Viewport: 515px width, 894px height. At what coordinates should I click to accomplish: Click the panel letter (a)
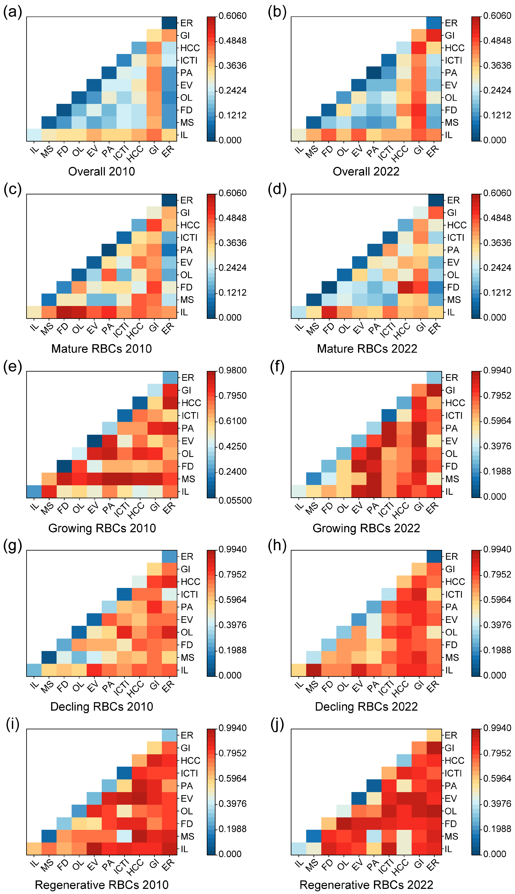12,12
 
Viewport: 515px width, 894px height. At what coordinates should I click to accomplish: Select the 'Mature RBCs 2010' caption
102,349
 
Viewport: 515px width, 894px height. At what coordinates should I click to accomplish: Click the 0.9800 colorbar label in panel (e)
232,370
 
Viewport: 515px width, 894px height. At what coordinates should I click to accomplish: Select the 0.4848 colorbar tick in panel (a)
232,41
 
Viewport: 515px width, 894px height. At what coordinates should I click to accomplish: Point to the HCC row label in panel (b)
454,48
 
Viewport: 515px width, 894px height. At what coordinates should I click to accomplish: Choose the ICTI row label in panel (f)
454,416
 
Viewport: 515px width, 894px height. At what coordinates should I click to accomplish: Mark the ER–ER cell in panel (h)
434,557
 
